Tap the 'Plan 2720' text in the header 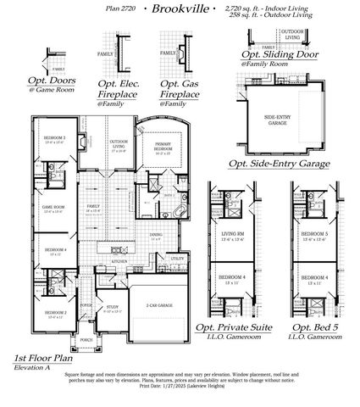[x=124, y=8]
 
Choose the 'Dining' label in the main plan [x=156, y=235]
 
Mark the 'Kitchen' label [x=119, y=262]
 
